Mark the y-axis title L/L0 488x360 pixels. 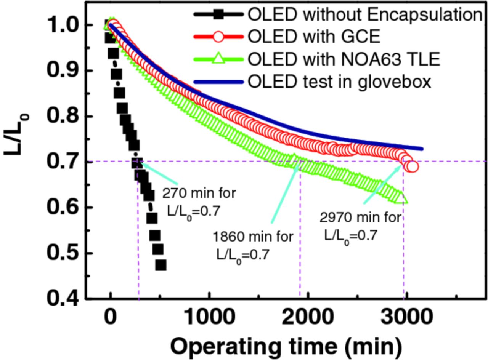pos(15,133)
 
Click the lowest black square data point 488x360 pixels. pos(161,265)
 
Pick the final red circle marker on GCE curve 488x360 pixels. pos(412,166)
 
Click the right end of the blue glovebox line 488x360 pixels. pos(422,149)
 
